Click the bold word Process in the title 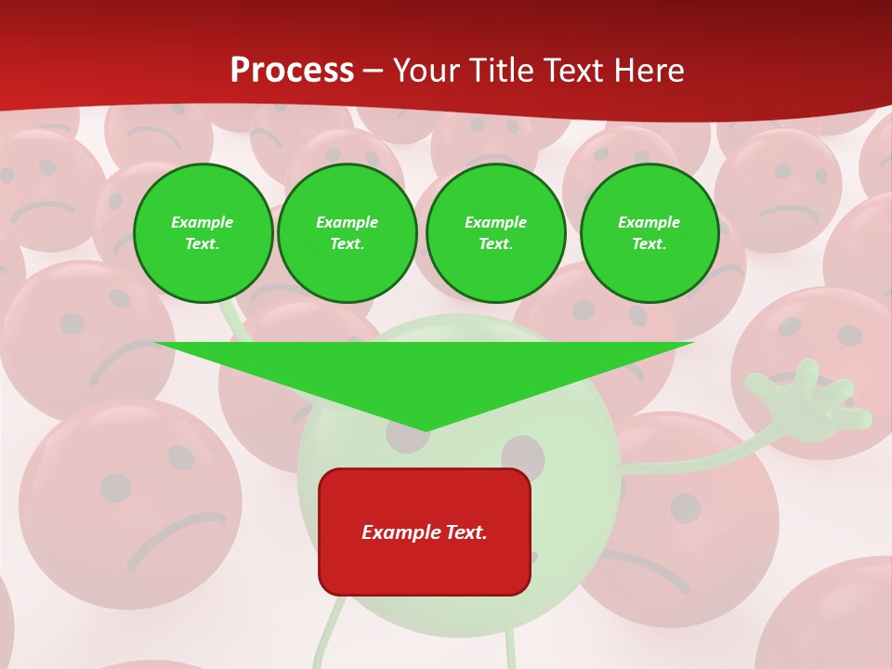[x=292, y=71]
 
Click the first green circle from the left [x=203, y=233]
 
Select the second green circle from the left [x=348, y=233]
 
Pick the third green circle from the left [x=496, y=233]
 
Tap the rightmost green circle [x=649, y=233]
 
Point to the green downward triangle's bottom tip [x=426, y=428]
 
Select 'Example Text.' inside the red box [x=425, y=532]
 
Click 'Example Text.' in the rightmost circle [x=649, y=233]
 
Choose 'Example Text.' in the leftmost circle [x=203, y=233]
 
